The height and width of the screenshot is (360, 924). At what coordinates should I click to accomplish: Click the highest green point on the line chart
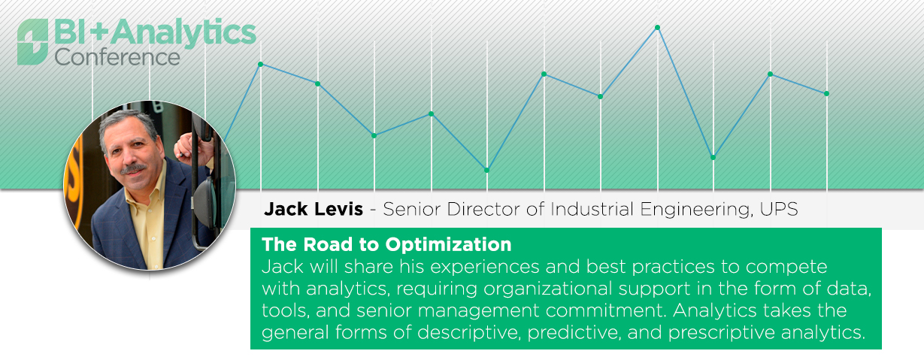click(x=658, y=28)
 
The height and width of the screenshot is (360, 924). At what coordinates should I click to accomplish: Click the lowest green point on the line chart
click(x=486, y=170)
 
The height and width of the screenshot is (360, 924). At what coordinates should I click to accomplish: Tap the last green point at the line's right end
click(x=827, y=94)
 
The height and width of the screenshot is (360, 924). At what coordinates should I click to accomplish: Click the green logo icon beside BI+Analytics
click(x=32, y=42)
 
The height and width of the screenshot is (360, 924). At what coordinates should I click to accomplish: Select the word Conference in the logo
click(x=117, y=57)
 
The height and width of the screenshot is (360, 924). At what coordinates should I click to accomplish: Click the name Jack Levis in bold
click(x=314, y=209)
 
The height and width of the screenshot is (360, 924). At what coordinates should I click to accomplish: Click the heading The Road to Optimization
click(x=386, y=244)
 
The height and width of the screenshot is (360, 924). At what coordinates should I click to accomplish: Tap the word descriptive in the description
click(x=468, y=332)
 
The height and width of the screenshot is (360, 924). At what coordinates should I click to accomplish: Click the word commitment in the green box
click(x=606, y=310)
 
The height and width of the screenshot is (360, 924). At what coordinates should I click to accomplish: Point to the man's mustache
click(x=133, y=168)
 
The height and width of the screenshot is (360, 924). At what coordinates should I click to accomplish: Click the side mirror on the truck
click(x=206, y=202)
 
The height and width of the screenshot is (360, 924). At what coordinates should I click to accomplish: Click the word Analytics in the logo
click(x=183, y=32)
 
